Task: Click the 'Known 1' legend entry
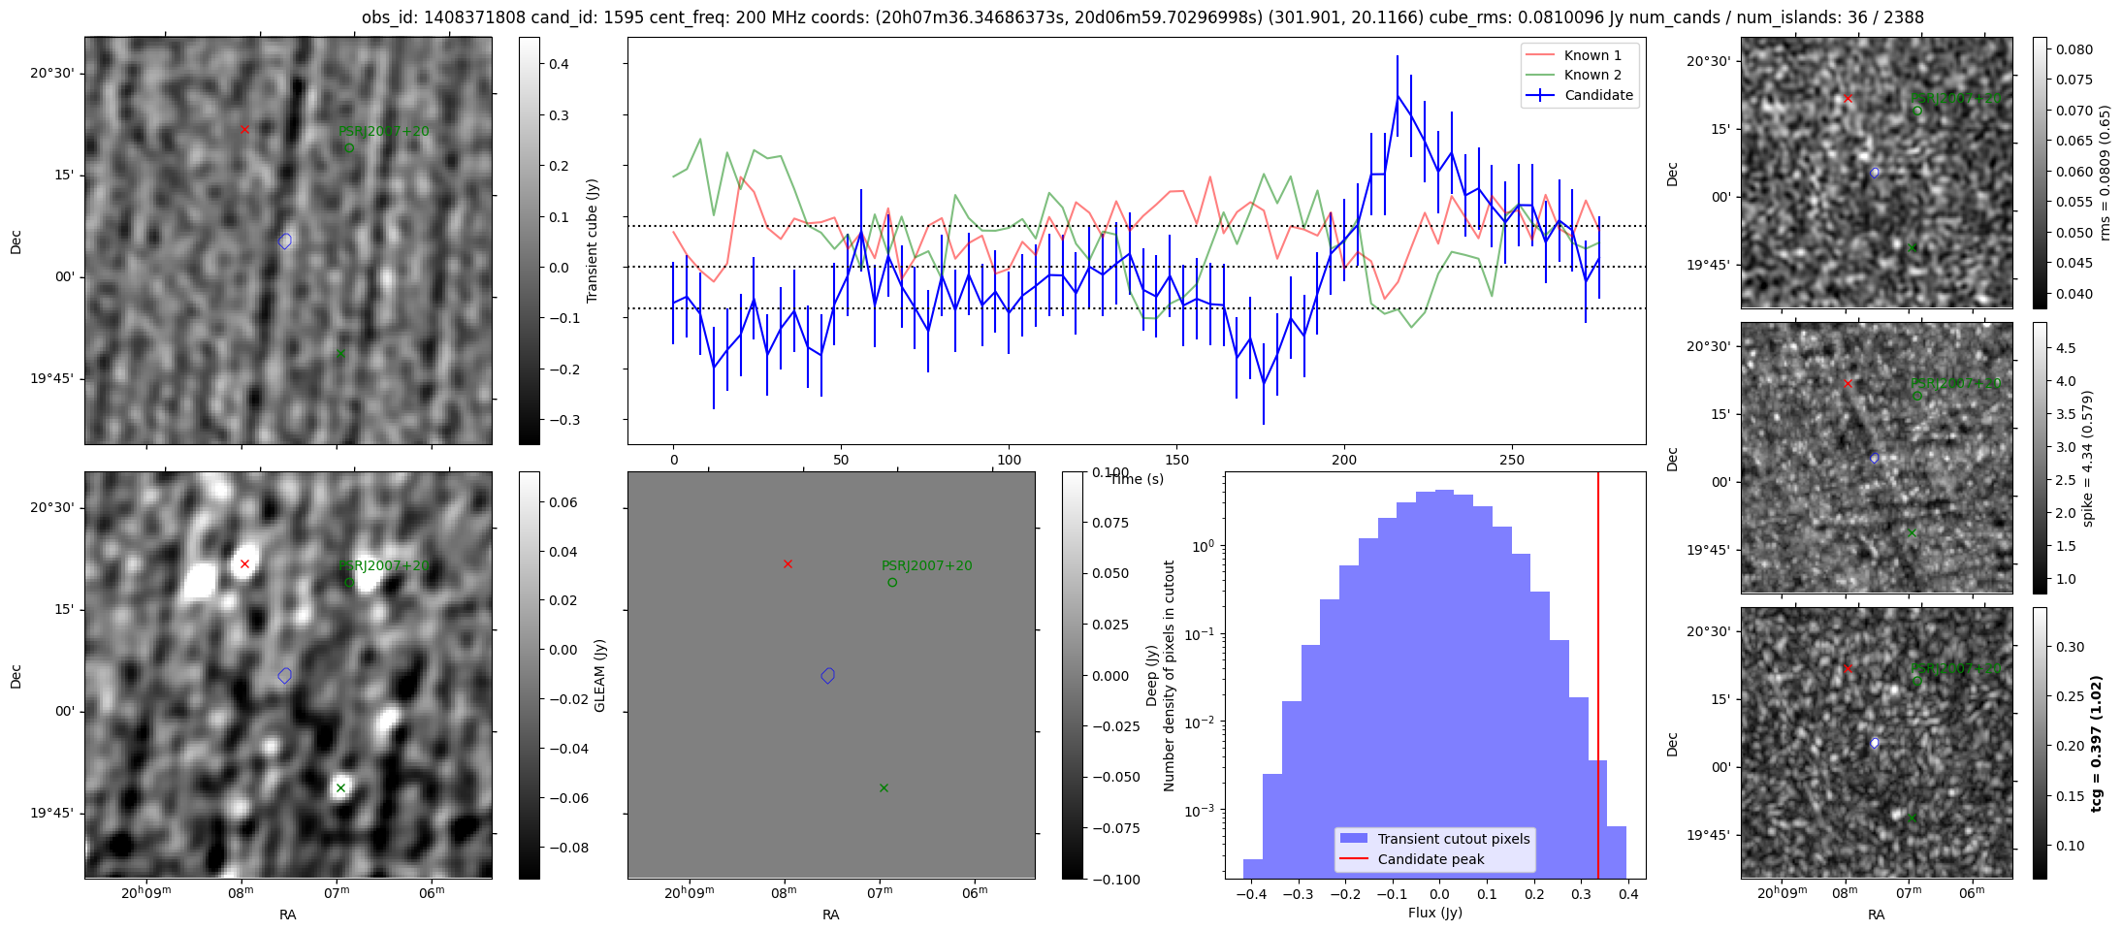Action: point(1591,55)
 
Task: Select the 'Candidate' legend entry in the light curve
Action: point(1598,95)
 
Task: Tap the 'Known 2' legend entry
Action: point(1591,75)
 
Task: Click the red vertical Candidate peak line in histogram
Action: point(1598,679)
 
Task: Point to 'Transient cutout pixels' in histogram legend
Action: point(1453,839)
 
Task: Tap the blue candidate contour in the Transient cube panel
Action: point(285,241)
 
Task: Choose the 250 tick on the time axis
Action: point(1512,460)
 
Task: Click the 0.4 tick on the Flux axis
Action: point(1628,894)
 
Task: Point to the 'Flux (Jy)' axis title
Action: point(1434,913)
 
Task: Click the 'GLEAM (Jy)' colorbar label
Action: point(599,676)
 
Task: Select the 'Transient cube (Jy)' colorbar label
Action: point(592,241)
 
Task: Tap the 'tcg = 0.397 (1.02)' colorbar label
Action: point(2096,744)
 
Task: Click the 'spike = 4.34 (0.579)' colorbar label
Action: point(2088,459)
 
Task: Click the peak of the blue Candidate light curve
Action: point(1398,96)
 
